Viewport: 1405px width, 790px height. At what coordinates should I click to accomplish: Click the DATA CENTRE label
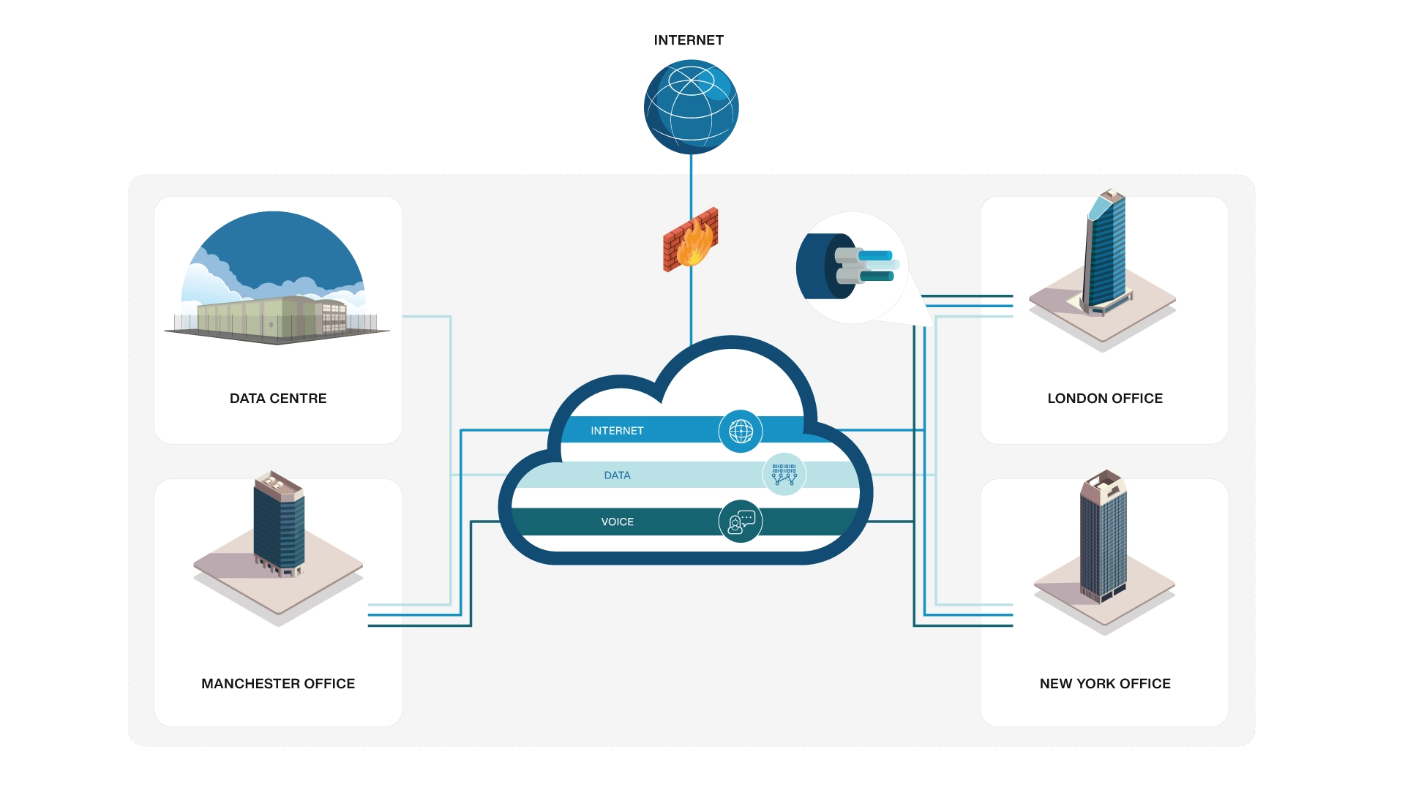pos(278,399)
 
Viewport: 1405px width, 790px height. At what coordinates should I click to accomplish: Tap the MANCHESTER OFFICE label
pos(278,684)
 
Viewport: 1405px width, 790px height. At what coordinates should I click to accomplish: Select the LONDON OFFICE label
pos(1105,399)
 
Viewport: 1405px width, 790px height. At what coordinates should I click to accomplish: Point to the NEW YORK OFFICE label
pos(1105,684)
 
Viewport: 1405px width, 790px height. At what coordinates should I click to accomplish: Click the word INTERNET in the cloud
pos(617,431)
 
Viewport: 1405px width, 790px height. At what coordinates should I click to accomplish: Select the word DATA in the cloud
pos(617,475)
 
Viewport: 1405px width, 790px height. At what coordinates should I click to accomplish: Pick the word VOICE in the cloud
pos(617,522)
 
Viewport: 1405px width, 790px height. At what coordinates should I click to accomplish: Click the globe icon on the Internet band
pos(741,431)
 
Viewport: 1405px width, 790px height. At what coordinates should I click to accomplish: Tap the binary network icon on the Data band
pos(784,475)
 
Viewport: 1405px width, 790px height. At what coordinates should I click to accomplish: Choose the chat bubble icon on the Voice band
pos(741,522)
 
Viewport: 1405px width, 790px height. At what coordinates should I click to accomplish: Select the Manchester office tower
pos(279,523)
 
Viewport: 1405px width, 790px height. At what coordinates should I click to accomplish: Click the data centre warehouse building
pos(271,318)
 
